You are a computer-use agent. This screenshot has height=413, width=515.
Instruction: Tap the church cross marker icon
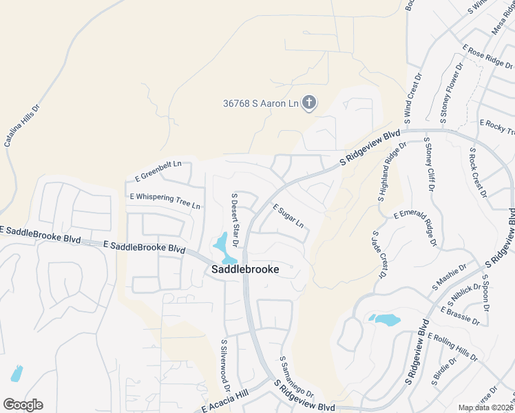pos(310,103)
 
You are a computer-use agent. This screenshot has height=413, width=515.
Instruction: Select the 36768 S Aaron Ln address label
pos(261,103)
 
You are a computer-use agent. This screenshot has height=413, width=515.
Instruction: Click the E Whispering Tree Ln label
pos(165,201)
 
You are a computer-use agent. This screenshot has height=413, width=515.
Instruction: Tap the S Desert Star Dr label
pos(234,220)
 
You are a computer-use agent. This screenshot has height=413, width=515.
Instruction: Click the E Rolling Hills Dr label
pos(452,348)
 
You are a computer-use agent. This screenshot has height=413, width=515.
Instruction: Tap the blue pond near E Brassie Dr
pos(384,319)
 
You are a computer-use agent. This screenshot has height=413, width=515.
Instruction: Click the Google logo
pos(23,405)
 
